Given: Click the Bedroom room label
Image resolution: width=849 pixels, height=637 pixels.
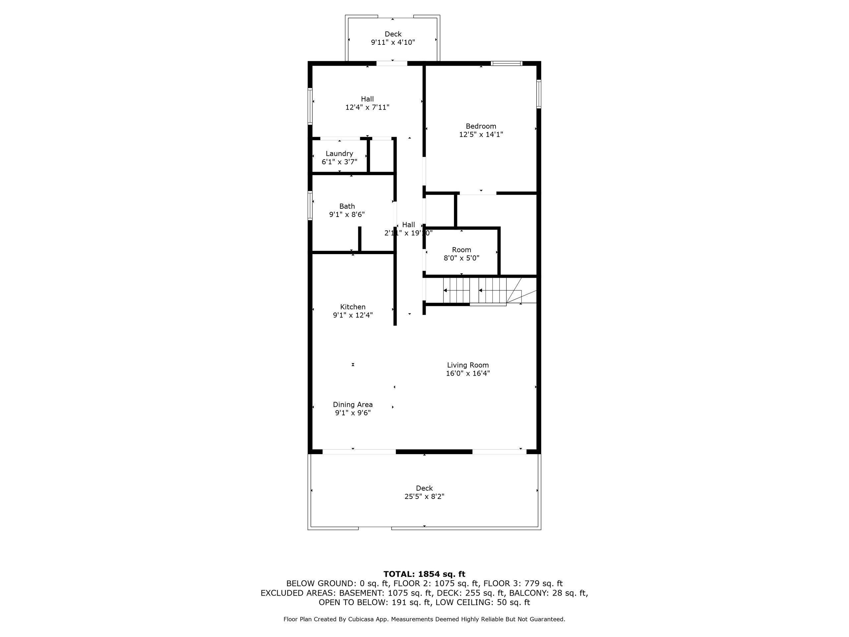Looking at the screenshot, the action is pos(481,126).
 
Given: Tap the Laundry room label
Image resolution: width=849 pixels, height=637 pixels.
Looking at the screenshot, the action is pos(339,154).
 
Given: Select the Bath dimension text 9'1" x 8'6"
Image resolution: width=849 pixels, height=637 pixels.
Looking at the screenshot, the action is pos(347,215).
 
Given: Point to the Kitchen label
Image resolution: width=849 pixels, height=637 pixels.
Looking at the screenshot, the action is pos(353,307).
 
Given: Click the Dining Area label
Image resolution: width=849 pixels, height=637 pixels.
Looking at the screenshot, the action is pos(353,404).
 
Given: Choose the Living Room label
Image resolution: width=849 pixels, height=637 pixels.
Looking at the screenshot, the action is pos(468,365).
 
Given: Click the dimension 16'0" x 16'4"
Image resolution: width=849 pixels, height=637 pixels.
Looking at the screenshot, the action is pos(468,373).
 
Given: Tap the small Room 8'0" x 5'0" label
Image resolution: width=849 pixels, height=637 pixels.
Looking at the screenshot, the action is pos(461,254).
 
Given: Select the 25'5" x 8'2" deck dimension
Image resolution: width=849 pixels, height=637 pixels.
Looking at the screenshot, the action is pos(424,496).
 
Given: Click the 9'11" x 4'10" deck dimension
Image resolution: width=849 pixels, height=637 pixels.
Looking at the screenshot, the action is pos(393,42).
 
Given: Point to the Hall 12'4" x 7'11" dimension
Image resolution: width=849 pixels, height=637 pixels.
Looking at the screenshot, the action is pos(367,107).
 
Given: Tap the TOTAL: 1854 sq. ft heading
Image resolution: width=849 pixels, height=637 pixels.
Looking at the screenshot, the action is pos(424,574).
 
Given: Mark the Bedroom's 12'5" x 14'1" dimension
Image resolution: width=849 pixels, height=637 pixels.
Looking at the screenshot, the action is pos(481,134).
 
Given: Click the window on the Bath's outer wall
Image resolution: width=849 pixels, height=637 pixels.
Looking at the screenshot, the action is pos(310,206).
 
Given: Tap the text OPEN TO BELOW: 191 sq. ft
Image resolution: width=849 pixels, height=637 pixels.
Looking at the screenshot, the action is pos(374,602).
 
